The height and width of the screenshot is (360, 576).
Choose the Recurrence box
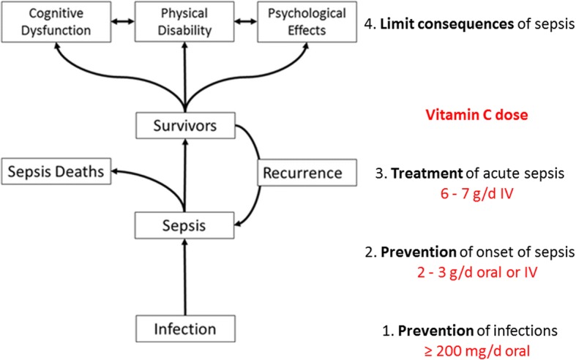(302, 173)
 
